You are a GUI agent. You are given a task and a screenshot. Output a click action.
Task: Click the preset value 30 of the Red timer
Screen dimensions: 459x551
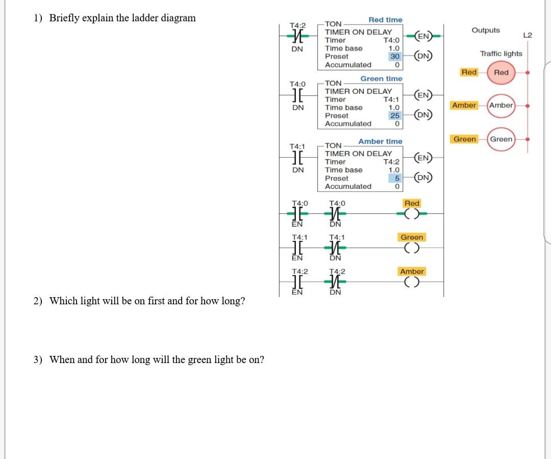pyautogui.click(x=394, y=57)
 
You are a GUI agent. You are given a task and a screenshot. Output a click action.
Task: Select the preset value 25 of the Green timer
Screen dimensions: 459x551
pyautogui.click(x=394, y=116)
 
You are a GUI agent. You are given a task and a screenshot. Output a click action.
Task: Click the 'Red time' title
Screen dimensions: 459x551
pyautogui.click(x=385, y=20)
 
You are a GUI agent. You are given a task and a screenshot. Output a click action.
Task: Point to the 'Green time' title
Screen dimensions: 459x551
pyautogui.click(x=381, y=79)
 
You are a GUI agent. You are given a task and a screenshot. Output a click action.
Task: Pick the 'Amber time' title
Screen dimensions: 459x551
pyautogui.click(x=380, y=141)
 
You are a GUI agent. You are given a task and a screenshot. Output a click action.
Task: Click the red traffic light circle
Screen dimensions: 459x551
pyautogui.click(x=501, y=73)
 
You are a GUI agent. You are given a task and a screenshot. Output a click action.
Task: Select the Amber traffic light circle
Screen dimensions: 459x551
pyautogui.click(x=501, y=105)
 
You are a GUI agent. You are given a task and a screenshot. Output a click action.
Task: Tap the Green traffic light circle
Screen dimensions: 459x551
pyautogui.click(x=501, y=139)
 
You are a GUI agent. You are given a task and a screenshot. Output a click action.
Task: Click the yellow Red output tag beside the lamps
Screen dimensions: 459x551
pyautogui.click(x=469, y=73)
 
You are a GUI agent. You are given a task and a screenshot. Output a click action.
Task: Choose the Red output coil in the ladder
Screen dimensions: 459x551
pyautogui.click(x=412, y=214)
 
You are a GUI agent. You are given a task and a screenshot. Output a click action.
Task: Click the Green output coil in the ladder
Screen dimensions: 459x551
pyautogui.click(x=412, y=249)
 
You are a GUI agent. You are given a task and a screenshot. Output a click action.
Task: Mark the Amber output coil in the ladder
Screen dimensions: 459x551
pyautogui.click(x=412, y=283)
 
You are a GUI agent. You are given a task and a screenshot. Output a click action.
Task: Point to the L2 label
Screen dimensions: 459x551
pyautogui.click(x=528, y=35)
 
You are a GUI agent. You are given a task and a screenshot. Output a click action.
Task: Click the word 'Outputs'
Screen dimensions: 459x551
pyautogui.click(x=486, y=30)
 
